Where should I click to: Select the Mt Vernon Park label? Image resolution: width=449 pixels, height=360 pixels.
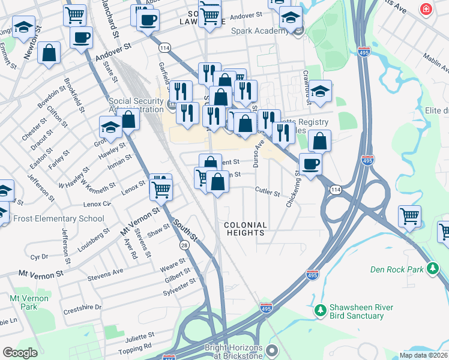click(x=24, y=302)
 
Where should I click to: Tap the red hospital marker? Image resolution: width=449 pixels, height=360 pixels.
click(x=426, y=10)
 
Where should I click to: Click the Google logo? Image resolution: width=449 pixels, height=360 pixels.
click(x=20, y=352)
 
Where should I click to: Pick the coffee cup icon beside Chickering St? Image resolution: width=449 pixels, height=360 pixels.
click(x=310, y=164)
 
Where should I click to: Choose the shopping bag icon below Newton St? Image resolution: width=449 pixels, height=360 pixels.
click(x=49, y=53)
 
